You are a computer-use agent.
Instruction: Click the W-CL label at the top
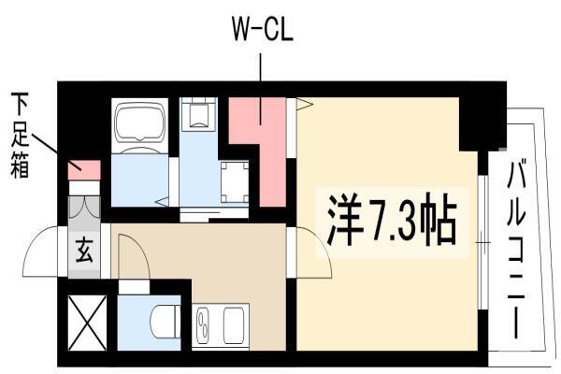(x=263, y=30)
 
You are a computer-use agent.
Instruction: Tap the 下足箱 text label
(x=20, y=136)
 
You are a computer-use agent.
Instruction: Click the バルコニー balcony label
(x=516, y=250)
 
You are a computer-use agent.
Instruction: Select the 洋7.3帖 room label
(x=392, y=223)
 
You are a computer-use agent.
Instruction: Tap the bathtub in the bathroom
(x=139, y=125)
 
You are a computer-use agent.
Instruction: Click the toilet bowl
(x=165, y=322)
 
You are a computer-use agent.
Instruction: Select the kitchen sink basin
(x=234, y=326)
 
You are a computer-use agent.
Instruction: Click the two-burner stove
(x=203, y=325)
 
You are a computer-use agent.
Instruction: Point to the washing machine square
(x=235, y=182)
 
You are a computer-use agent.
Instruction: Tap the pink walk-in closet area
(x=263, y=143)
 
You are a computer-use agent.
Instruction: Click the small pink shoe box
(x=84, y=170)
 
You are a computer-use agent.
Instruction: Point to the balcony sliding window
(x=482, y=243)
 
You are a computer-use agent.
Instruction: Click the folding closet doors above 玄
(x=84, y=208)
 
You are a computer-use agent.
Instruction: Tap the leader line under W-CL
(x=260, y=89)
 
